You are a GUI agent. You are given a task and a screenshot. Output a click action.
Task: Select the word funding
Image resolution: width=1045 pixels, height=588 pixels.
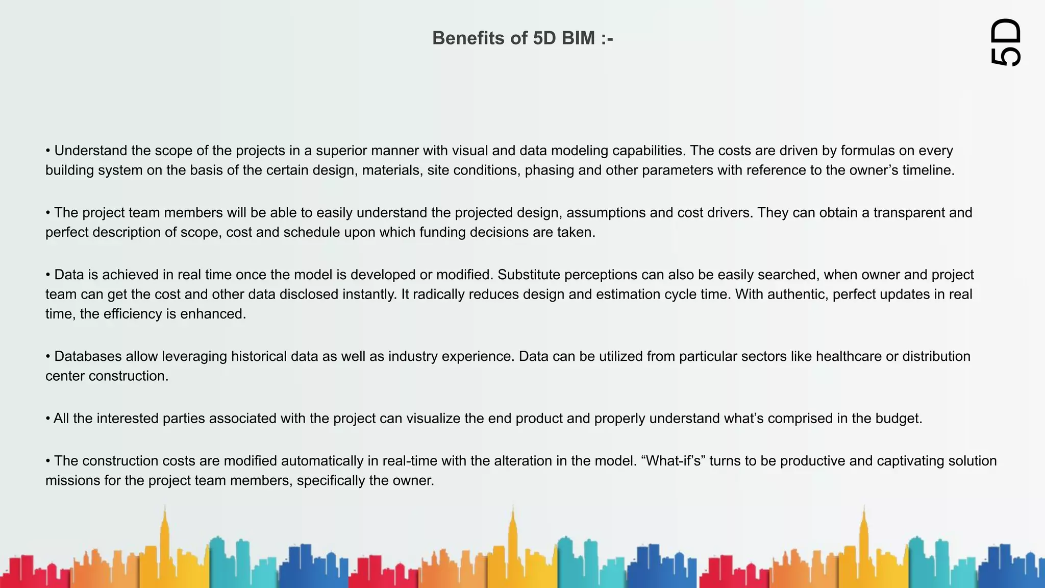pos(442,232)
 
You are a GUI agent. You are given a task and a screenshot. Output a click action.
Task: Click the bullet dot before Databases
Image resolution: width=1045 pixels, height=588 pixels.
pos(48,356)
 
